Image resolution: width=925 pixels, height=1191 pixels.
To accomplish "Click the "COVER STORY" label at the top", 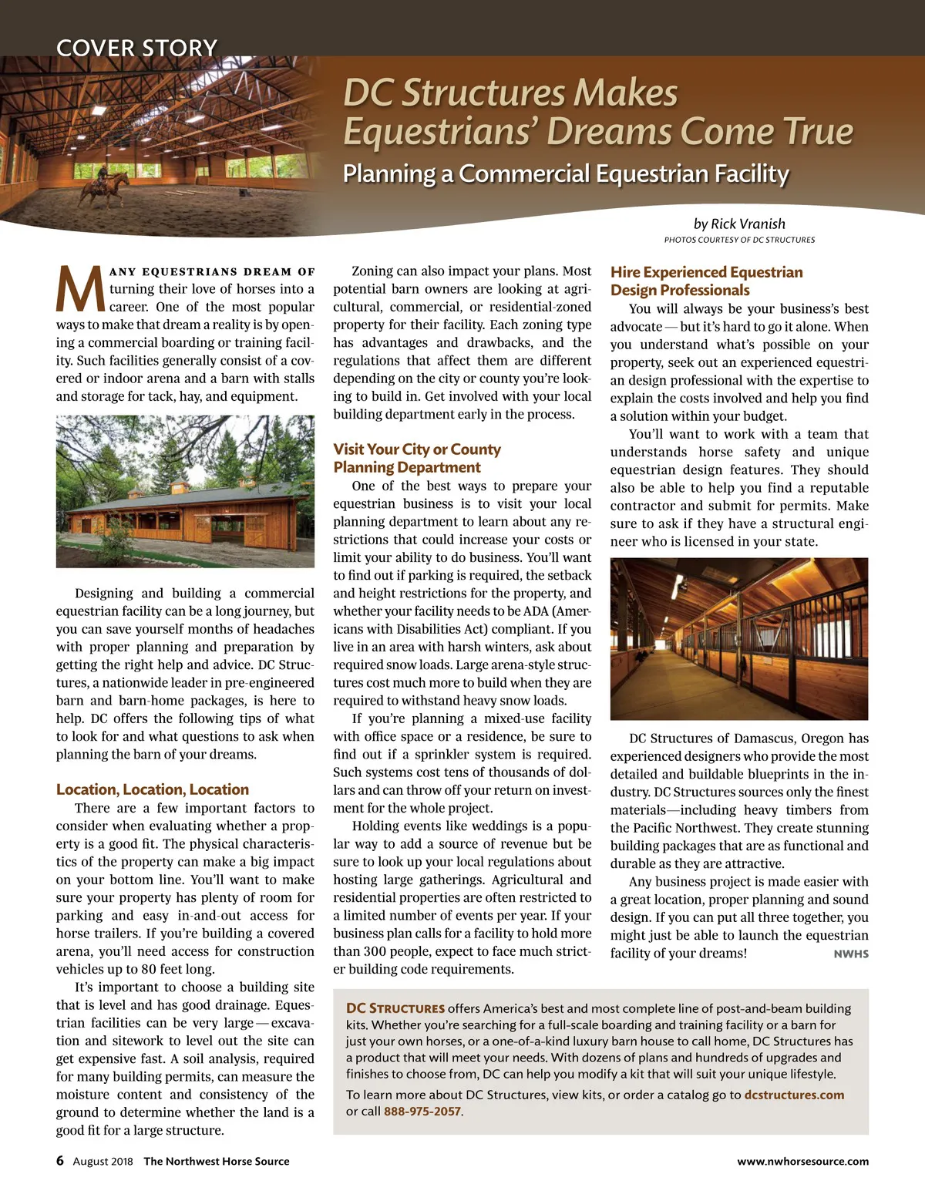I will pyautogui.click(x=136, y=48).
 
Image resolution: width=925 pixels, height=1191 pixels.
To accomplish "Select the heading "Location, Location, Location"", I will pyautogui.click(x=153, y=789).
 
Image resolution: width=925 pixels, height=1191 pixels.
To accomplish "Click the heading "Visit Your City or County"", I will pyautogui.click(x=417, y=449).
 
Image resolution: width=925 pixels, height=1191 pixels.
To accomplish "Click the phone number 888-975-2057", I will pyautogui.click(x=422, y=1112).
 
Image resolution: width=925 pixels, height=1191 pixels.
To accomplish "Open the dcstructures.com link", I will pyautogui.click(x=794, y=1095).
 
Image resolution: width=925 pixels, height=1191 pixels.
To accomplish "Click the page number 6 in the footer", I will pyautogui.click(x=60, y=1161).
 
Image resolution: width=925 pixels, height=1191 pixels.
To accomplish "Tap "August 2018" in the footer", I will pyautogui.click(x=103, y=1162).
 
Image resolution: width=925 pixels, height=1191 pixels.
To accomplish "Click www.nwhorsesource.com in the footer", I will pyautogui.click(x=802, y=1162).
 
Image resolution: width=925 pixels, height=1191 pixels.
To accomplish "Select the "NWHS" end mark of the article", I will pyautogui.click(x=851, y=954).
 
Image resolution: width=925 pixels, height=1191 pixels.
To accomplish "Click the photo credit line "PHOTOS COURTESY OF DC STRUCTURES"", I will pyautogui.click(x=739, y=240).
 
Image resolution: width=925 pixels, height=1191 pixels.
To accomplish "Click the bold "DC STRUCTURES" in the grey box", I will pyautogui.click(x=395, y=1008).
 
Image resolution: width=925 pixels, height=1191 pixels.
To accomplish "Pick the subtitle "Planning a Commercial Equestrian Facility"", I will pyautogui.click(x=566, y=173).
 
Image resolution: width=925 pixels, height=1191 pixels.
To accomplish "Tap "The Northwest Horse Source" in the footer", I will pyautogui.click(x=217, y=1162).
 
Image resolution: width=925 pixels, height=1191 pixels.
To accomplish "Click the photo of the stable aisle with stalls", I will pyautogui.click(x=738, y=638).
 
